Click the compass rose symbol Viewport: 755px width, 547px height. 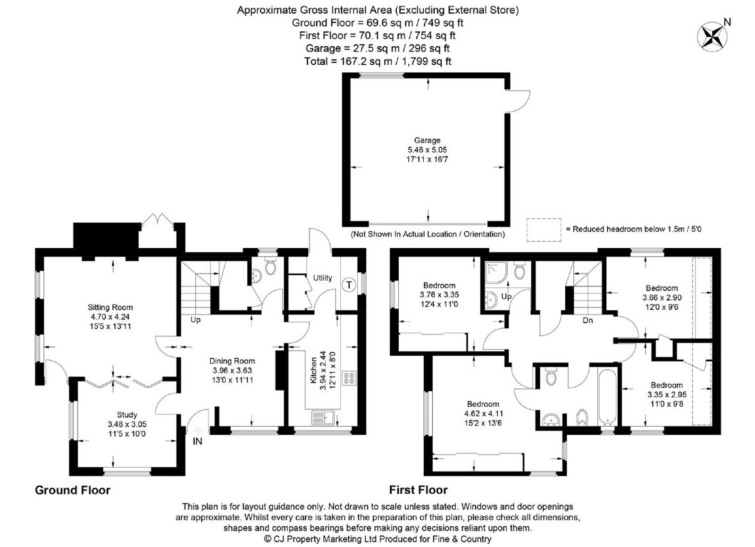712,37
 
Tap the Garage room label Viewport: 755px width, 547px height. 427,140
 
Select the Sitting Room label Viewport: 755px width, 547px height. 110,307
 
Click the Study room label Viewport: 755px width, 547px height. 127,414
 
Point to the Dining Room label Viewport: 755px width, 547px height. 232,361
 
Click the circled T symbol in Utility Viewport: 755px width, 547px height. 349,285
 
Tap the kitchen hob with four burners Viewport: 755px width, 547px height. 349,378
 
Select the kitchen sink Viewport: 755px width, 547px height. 323,418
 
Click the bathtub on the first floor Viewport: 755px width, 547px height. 607,397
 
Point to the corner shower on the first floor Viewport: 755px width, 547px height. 496,272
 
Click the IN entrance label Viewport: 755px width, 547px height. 197,441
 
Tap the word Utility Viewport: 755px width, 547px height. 322,278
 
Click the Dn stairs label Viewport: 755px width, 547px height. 587,320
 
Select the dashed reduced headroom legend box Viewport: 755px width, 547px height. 544,229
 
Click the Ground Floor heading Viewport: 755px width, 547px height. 73,490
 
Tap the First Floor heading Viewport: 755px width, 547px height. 418,490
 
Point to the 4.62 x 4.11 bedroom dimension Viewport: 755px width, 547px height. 483,413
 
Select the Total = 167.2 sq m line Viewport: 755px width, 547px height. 377,61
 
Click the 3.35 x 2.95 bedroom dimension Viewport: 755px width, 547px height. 667,395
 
